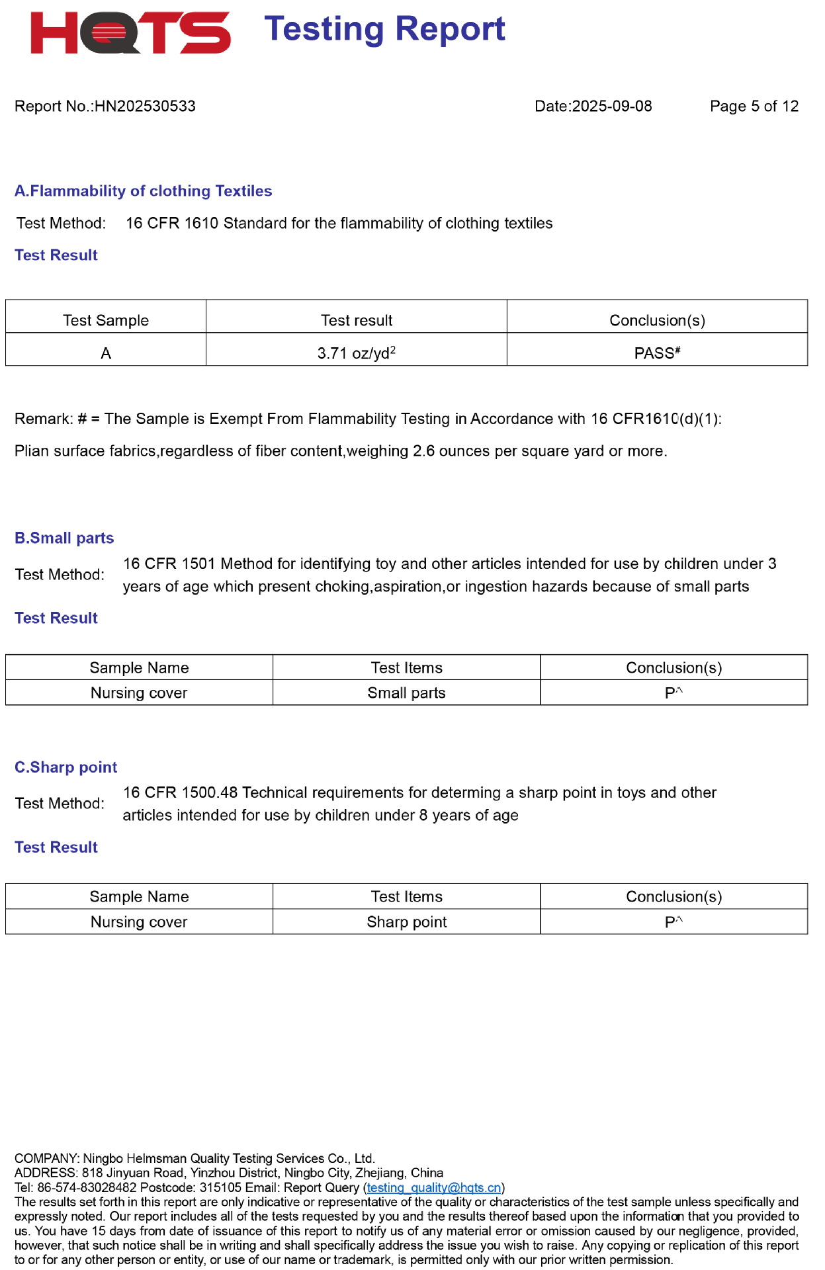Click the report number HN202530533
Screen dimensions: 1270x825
145,106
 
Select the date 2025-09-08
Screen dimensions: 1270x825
611,106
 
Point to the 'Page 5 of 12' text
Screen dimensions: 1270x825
754,106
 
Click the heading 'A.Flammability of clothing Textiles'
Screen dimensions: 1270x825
143,191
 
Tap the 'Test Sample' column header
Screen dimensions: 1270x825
106,321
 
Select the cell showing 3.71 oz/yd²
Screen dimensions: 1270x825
356,353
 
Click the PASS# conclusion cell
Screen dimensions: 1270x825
657,353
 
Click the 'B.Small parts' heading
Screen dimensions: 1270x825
64,538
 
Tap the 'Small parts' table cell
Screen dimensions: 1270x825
406,693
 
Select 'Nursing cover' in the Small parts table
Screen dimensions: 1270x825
139,693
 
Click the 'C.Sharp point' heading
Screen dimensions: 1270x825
65,767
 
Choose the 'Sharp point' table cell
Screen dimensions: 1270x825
406,922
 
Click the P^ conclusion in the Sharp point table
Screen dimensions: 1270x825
673,922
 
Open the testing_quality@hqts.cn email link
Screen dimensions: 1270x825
433,1188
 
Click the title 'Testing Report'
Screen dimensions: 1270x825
384,30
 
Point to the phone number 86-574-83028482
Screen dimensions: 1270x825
87,1188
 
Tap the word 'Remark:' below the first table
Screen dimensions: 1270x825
44,419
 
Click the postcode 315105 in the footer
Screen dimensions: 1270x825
220,1188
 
